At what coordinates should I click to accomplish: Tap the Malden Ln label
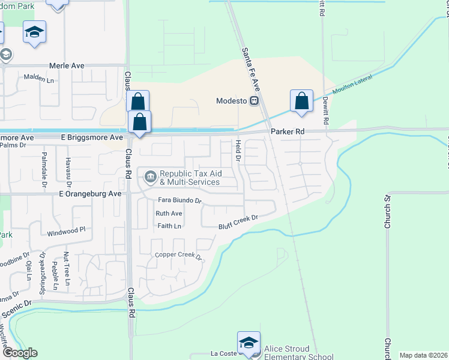(x=38, y=77)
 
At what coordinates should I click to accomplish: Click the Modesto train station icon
(x=255, y=101)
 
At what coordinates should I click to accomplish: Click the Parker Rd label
(x=288, y=131)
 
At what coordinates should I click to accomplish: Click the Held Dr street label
(x=238, y=150)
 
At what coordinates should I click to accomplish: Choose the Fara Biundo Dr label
(x=179, y=200)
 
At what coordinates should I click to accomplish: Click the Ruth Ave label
(x=169, y=214)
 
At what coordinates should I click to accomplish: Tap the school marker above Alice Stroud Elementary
(x=249, y=342)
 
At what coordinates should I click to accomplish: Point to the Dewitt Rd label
(x=325, y=110)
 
